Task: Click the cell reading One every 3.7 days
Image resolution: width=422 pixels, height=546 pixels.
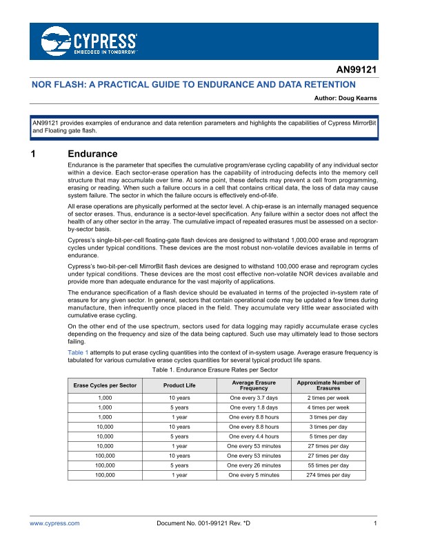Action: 253,398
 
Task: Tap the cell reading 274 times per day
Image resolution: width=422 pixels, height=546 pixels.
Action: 328,475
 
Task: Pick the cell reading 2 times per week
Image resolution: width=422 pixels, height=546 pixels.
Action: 328,398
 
